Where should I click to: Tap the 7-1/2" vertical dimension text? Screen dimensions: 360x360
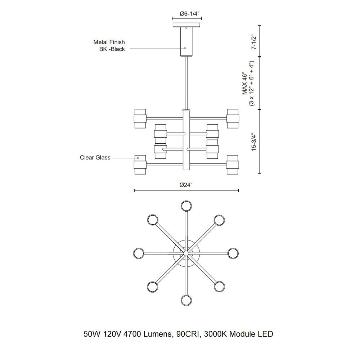point(254,42)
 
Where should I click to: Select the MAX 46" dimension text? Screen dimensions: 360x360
point(245,84)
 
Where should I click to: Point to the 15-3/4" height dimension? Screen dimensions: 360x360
point(254,142)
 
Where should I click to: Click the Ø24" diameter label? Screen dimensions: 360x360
point(186,185)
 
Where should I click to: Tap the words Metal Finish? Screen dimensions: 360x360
point(109,42)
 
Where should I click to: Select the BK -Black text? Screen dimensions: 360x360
point(112,49)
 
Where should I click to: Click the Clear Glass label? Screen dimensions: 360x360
point(95,158)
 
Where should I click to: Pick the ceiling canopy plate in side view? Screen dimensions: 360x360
point(186,25)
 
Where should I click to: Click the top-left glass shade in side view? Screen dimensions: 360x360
point(140,118)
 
